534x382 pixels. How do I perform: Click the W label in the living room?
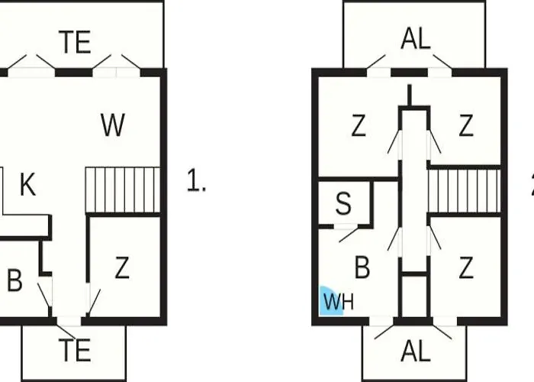click(113, 125)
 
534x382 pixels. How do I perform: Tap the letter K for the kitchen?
click(28, 184)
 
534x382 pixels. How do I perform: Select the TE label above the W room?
click(75, 42)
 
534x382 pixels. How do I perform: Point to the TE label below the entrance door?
click(75, 350)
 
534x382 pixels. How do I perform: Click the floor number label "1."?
click(197, 180)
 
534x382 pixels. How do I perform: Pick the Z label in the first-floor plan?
click(122, 267)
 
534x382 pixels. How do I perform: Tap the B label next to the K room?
click(14, 280)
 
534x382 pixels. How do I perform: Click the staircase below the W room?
click(123, 189)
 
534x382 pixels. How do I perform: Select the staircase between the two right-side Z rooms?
click(465, 191)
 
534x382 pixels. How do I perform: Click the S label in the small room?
click(343, 203)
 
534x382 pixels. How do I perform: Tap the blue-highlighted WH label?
click(339, 302)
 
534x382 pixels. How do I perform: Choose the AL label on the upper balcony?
click(416, 39)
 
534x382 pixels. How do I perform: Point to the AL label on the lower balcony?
click(416, 351)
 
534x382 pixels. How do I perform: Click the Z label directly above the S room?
click(359, 126)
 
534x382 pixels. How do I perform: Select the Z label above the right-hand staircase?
click(466, 126)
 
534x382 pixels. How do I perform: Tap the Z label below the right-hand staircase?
click(466, 267)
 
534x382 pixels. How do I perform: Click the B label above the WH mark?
click(362, 267)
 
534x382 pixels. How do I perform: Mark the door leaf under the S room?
click(349, 234)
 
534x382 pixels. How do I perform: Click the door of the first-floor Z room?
click(94, 302)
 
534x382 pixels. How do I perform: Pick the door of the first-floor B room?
click(44, 295)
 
